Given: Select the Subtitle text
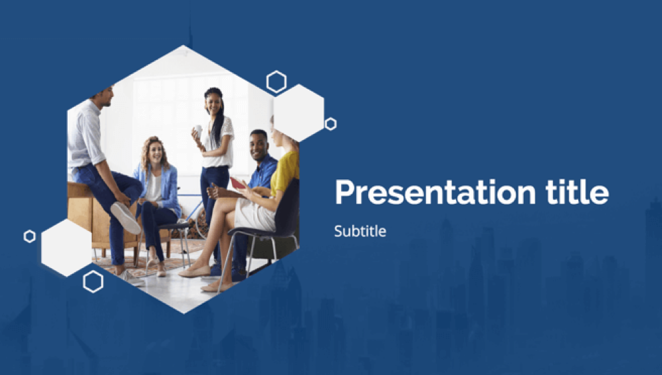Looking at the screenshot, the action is (360, 231).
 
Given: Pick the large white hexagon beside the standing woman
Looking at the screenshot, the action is (299, 113).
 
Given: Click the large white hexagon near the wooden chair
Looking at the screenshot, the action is (66, 248).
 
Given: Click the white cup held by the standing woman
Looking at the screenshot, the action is (198, 130).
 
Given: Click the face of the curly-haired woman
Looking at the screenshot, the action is (156, 151).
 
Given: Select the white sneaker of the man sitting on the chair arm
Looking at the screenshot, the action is (126, 218).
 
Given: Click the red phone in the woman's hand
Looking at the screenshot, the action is (237, 183).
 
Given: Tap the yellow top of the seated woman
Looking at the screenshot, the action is (285, 172).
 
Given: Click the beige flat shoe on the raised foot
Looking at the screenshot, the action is (195, 271).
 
